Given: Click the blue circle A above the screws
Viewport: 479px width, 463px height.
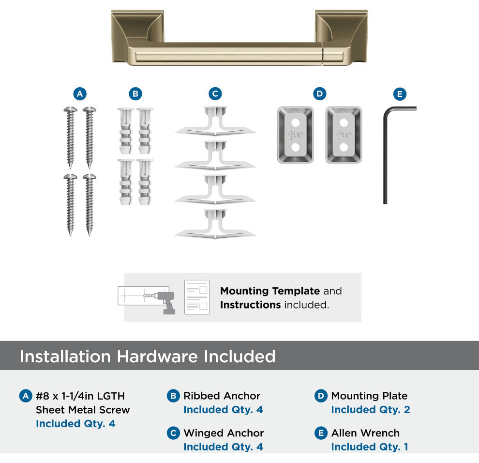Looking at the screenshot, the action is tap(80, 94).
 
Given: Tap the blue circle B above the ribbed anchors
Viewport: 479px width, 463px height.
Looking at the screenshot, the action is tap(135, 94).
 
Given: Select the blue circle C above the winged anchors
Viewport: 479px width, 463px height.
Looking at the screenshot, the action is tap(215, 94).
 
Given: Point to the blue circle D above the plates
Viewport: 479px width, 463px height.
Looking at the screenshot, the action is tap(319, 94).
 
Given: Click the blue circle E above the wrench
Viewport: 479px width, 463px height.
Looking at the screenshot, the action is tap(400, 94).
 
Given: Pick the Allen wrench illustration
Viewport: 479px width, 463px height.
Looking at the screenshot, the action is tap(385, 153).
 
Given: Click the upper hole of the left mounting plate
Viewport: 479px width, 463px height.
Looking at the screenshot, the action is tap(296, 123).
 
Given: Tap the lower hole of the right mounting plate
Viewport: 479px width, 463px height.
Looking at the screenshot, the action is tap(344, 147).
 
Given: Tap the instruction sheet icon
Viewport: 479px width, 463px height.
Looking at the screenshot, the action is tap(197, 297).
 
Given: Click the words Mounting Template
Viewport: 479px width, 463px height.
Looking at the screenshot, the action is tap(270, 291).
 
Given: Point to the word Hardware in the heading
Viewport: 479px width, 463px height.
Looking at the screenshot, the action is tap(157, 356).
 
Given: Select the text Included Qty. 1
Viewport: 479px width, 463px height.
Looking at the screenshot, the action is tap(370, 447).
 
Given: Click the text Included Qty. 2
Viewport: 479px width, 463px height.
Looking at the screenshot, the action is tap(371, 409).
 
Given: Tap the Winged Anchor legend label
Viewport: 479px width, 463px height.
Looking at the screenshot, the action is tap(224, 433).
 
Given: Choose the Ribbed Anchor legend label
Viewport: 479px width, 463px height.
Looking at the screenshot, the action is tap(222, 396).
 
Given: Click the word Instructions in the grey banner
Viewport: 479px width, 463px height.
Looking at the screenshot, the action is tap(250, 305).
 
